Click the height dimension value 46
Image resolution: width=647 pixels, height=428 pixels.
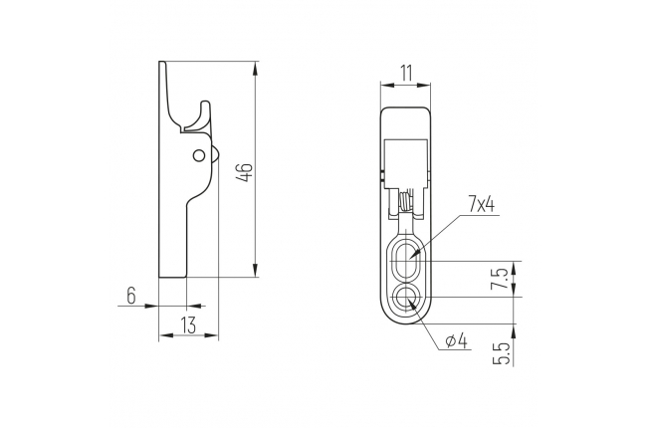(246, 172)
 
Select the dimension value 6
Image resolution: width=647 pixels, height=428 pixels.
(130, 296)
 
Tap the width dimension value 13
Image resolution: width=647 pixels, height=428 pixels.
(188, 325)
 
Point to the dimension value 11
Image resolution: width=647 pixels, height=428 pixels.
(405, 74)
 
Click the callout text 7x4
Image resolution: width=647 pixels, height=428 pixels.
(481, 205)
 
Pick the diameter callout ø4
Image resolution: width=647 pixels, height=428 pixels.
(456, 341)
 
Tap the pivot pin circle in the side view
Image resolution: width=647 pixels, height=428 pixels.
(199, 155)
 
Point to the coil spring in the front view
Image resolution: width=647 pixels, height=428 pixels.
(405, 201)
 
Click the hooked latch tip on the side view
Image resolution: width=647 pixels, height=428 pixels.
(205, 104)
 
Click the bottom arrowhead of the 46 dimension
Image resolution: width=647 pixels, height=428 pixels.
(256, 270)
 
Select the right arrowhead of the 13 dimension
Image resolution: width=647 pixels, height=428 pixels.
(211, 335)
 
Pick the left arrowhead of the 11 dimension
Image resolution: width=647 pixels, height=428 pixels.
(387, 85)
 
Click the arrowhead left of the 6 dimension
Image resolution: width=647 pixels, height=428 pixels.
(152, 306)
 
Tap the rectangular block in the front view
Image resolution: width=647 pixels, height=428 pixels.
(405, 164)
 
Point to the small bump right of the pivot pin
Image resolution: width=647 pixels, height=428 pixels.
(215, 155)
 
